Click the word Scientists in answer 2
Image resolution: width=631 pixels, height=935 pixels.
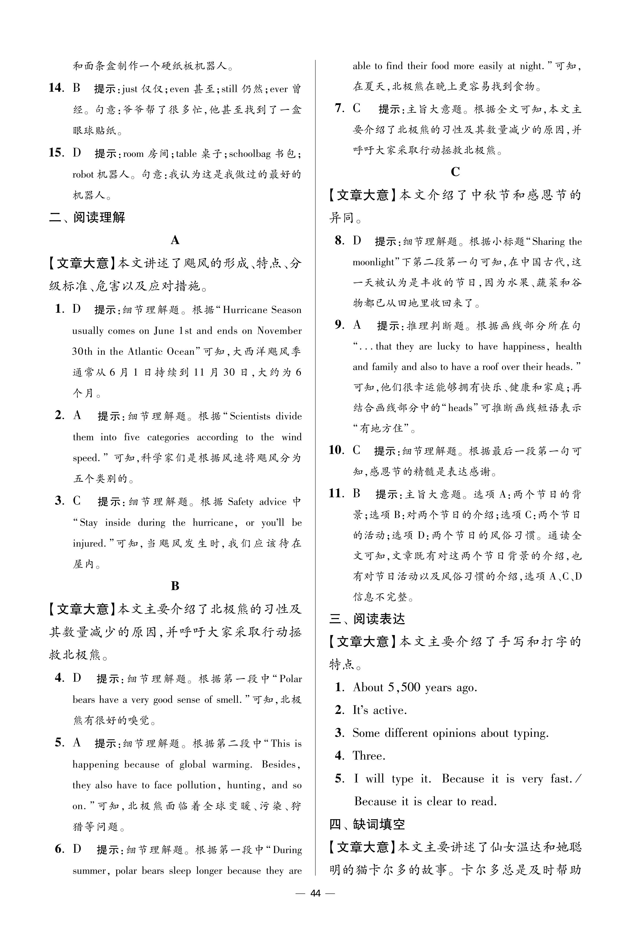250,416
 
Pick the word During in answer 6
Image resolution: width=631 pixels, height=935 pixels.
287,850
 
